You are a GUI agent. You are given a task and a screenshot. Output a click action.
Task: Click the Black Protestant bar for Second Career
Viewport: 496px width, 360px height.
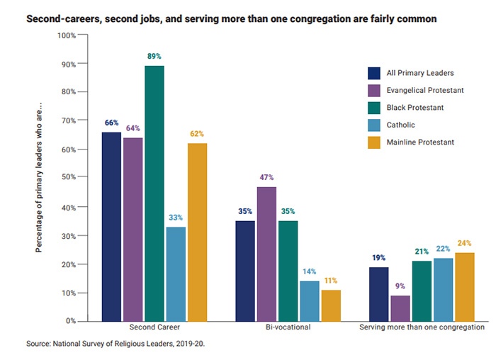pyautogui.click(x=154, y=193)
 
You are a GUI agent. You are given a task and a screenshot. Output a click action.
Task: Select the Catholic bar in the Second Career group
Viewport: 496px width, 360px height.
pyautogui.click(x=175, y=274)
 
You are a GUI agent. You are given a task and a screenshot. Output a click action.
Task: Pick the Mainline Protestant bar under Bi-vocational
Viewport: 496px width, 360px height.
pyautogui.click(x=330, y=305)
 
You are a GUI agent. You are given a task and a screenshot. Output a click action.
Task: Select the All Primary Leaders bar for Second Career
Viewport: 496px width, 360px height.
pyautogui.click(x=111, y=226)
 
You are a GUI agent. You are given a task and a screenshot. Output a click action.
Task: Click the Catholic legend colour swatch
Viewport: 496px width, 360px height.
pyautogui.click(x=375, y=124)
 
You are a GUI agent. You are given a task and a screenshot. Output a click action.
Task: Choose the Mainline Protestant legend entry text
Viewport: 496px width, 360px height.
pyautogui.click(x=421, y=142)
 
